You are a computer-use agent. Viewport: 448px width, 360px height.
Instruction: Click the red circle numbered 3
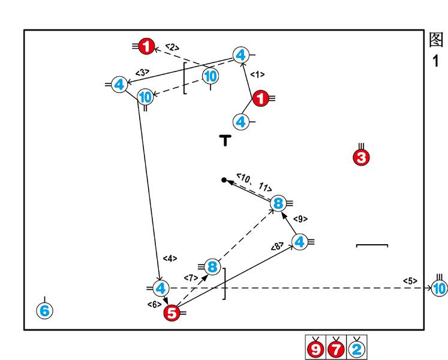point(361,158)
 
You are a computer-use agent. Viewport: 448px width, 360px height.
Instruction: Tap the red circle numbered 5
point(172,312)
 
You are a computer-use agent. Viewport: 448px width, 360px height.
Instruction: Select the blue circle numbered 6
point(44,311)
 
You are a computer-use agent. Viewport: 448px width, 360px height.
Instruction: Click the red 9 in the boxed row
point(315,348)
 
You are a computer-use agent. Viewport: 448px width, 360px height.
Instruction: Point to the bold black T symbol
point(225,141)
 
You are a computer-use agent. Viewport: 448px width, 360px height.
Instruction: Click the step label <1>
point(257,74)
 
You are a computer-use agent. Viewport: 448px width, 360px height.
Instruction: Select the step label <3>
point(142,73)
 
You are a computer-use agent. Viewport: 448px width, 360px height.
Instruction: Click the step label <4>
point(170,259)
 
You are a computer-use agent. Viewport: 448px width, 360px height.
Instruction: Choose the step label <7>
point(191,278)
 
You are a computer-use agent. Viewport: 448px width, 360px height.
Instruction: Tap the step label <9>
point(300,219)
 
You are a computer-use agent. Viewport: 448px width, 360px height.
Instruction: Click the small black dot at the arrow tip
point(224,180)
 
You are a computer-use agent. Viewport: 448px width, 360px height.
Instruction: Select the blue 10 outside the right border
point(440,289)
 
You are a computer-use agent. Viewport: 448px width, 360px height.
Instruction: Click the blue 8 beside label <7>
point(212,266)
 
